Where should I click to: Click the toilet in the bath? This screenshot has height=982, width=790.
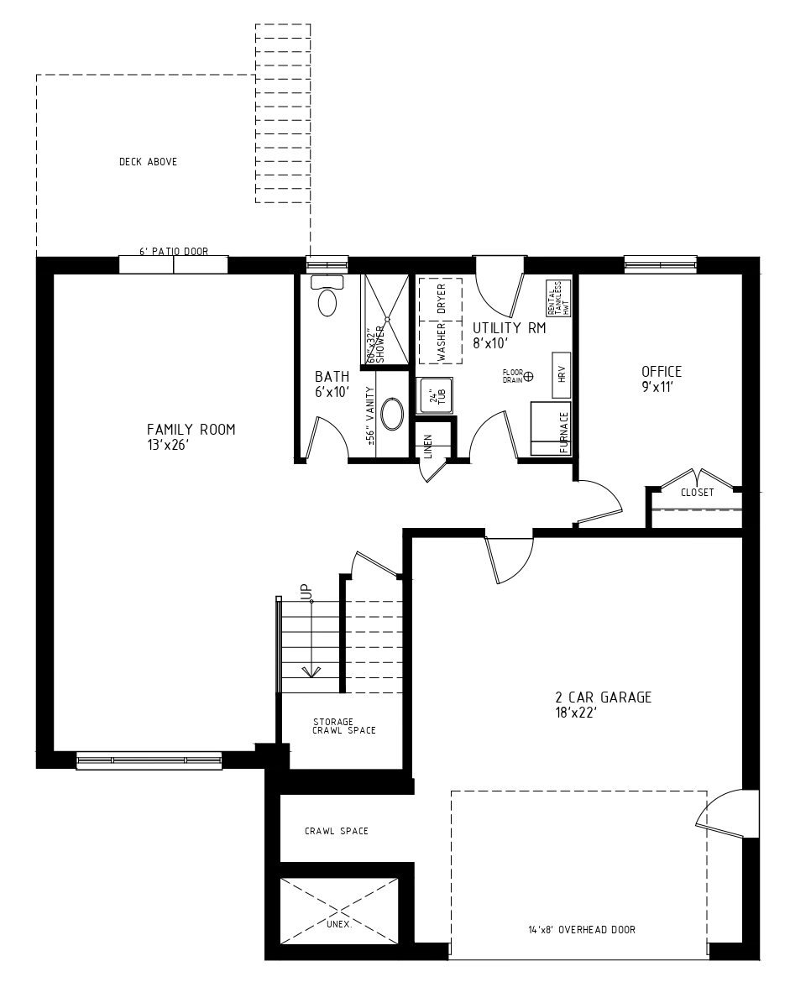327,295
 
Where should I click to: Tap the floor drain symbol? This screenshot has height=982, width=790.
529,376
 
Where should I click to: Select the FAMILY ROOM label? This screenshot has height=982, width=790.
191,430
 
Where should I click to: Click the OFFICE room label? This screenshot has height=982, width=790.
661,371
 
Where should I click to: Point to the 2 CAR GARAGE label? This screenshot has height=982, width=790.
604,697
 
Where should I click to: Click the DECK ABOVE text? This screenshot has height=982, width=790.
148,162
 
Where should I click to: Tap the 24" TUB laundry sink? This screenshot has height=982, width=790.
436,396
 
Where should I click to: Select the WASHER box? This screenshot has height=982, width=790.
441,342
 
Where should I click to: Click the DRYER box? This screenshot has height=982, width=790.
441,299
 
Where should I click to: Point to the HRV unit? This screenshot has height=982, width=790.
562,374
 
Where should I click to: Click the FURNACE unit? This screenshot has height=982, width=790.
551,429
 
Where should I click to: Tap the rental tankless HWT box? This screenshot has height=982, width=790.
558,298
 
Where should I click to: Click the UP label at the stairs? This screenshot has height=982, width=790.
306,591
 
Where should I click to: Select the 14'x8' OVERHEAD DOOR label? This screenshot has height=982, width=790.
582,929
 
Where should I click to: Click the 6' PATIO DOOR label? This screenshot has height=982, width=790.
174,251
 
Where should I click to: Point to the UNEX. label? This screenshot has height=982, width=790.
339,924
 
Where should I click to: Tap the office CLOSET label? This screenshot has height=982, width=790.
698,492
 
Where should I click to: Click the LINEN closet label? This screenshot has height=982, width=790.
428,447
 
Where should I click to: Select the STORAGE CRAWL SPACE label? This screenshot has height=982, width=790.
344,726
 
